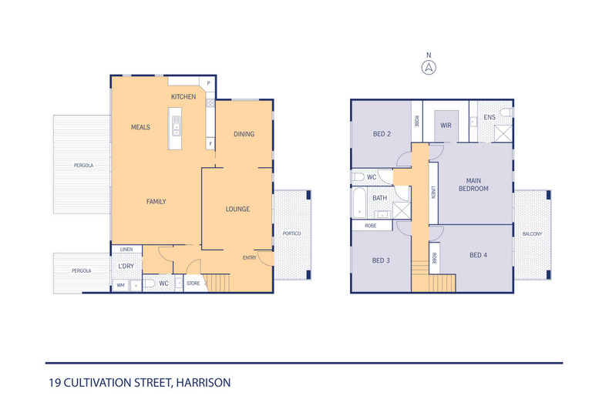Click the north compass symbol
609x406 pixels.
click(x=428, y=67)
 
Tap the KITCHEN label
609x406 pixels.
click(x=183, y=96)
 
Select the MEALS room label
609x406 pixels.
click(x=140, y=127)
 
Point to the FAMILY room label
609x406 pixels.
click(x=156, y=202)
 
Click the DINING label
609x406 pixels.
click(x=244, y=134)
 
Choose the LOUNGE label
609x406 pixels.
click(x=237, y=209)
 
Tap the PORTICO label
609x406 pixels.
click(x=291, y=233)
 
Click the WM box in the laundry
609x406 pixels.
click(x=120, y=286)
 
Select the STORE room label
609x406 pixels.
click(x=193, y=284)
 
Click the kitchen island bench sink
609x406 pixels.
click(x=176, y=122)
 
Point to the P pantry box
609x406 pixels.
click(x=208, y=82)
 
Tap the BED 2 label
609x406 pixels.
click(x=382, y=134)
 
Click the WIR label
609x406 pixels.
click(x=446, y=124)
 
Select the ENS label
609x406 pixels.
click(x=490, y=117)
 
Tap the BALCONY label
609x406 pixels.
click(x=532, y=234)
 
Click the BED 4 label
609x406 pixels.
click(x=479, y=255)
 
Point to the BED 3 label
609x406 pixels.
click(x=381, y=260)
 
